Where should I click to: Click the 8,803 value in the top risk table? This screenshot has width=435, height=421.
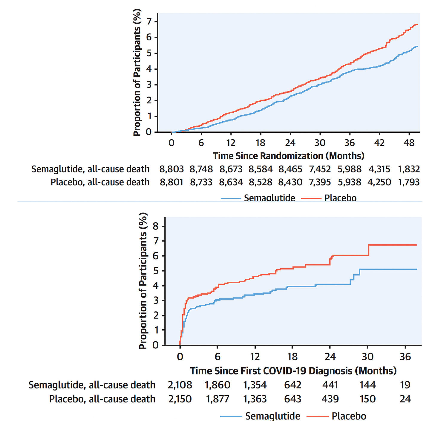pos(171,169)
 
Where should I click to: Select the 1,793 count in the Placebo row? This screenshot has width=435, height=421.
pos(409,182)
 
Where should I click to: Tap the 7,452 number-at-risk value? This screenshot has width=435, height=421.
pos(320,169)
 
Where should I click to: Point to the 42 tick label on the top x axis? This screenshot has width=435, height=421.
pos(379,143)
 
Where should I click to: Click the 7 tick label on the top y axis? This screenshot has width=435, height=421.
pos(149,21)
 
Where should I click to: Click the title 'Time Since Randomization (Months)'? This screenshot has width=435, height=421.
pos(289,156)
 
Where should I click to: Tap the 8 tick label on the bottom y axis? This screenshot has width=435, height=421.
pos(156,226)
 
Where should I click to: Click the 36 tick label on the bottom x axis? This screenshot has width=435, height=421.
pos(405,357)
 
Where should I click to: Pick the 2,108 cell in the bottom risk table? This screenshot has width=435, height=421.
pos(180,385)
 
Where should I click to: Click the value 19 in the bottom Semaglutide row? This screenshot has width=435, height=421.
pos(405,385)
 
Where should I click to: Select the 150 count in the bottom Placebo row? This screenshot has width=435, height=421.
pos(367,399)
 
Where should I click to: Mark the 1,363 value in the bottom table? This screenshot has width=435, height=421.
pos(255,399)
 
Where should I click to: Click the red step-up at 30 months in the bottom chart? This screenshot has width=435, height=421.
pos(369,250)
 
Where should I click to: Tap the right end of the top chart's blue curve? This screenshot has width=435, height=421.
pos(417,46)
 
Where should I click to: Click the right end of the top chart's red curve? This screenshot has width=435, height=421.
pos(417,25)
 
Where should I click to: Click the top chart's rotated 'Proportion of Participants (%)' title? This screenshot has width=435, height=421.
pos(137,73)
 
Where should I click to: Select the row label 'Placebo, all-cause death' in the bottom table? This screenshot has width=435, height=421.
pos(102,399)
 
